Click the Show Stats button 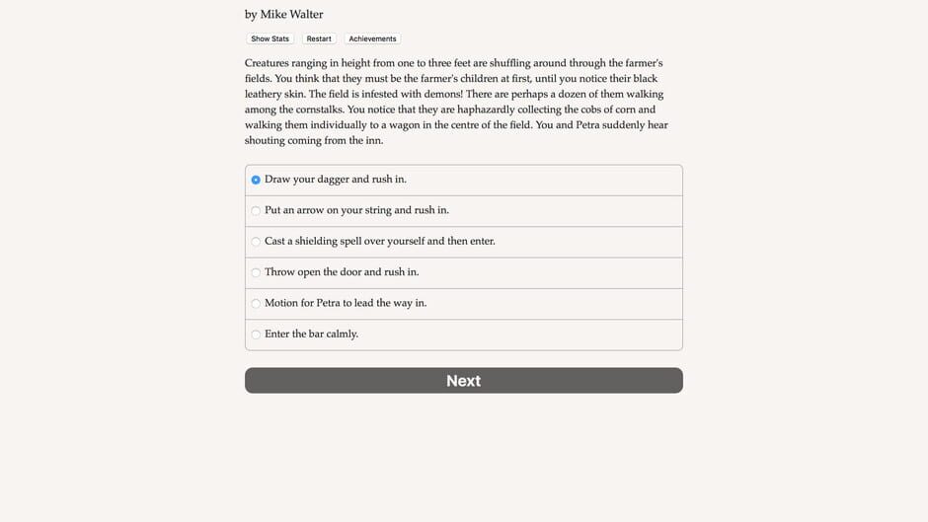click(x=270, y=38)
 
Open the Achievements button click(x=372, y=38)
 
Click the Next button click(x=463, y=381)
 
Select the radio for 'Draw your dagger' click(x=256, y=180)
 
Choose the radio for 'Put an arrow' click(x=256, y=210)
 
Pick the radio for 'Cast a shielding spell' click(x=256, y=242)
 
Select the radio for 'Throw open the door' click(x=256, y=272)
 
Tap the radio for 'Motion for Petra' click(x=256, y=303)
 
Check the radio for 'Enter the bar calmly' click(x=256, y=335)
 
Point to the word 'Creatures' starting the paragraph click(x=271, y=62)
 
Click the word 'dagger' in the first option click(x=333, y=180)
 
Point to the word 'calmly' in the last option click(x=341, y=334)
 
